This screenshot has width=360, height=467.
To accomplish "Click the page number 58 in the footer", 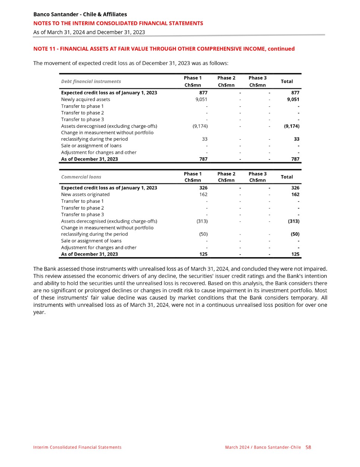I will (x=308, y=447).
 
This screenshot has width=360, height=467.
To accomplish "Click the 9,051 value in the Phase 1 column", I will (x=201, y=99).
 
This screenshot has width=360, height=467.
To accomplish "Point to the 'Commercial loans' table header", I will (x=81, y=177).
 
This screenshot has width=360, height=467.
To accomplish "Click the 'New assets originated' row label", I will (x=85, y=194).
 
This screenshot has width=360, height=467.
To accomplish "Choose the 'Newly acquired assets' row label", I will (x=85, y=99).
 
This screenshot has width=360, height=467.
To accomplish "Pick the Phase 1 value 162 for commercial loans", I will (x=203, y=194).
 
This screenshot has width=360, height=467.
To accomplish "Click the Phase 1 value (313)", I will (x=202, y=221).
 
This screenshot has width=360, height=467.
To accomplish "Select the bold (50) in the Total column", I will (x=295, y=234).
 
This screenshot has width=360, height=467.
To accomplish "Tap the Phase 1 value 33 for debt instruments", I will (x=204, y=139).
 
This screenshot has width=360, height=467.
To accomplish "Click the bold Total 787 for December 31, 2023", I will (x=295, y=159).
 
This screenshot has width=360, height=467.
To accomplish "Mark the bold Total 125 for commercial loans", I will (x=295, y=254).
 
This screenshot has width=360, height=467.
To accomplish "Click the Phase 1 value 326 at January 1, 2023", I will (x=203, y=188).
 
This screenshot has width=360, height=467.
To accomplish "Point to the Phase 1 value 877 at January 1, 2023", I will (x=203, y=93).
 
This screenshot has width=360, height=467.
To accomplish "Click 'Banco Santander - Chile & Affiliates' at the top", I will (x=80, y=14).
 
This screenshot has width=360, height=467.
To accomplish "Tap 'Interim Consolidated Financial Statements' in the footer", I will (x=77, y=447).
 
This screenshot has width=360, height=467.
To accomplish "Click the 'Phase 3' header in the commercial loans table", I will (x=257, y=174).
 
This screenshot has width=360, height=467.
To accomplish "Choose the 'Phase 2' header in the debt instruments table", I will (x=226, y=78).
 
